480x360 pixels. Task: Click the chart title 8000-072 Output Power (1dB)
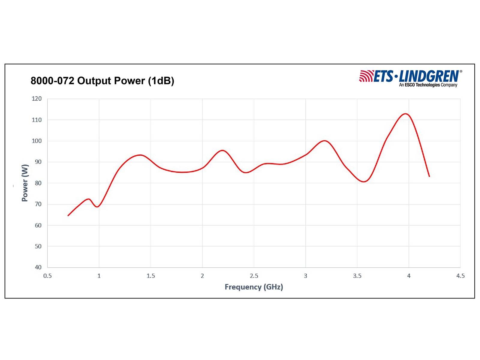coord(102,81)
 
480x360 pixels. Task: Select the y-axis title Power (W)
coord(25,183)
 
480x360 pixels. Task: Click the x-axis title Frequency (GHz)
coord(254,287)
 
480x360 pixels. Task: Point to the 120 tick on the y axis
coord(37,99)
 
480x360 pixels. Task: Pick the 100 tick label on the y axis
coord(37,141)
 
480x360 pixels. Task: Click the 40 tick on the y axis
coord(38,267)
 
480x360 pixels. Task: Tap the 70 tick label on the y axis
coord(38,204)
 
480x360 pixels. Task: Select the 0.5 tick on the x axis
coord(47,276)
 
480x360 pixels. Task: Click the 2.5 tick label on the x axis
coord(254,276)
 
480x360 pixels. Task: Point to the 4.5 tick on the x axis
coord(460,276)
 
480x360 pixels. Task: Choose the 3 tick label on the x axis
coord(305,276)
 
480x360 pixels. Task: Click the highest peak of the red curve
coord(406,114)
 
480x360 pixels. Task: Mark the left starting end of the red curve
coord(68,215)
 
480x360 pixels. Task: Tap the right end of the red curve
coord(429,176)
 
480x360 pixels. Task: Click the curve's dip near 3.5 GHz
coord(364,181)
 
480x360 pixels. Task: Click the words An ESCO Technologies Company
coord(428,85)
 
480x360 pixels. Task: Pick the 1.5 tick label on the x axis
coord(151,276)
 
